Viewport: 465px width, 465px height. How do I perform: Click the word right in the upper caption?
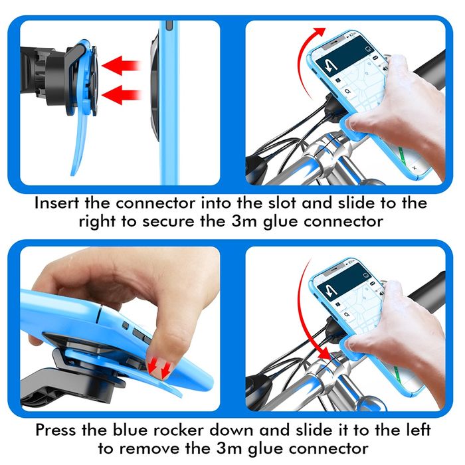[x=99, y=221]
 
